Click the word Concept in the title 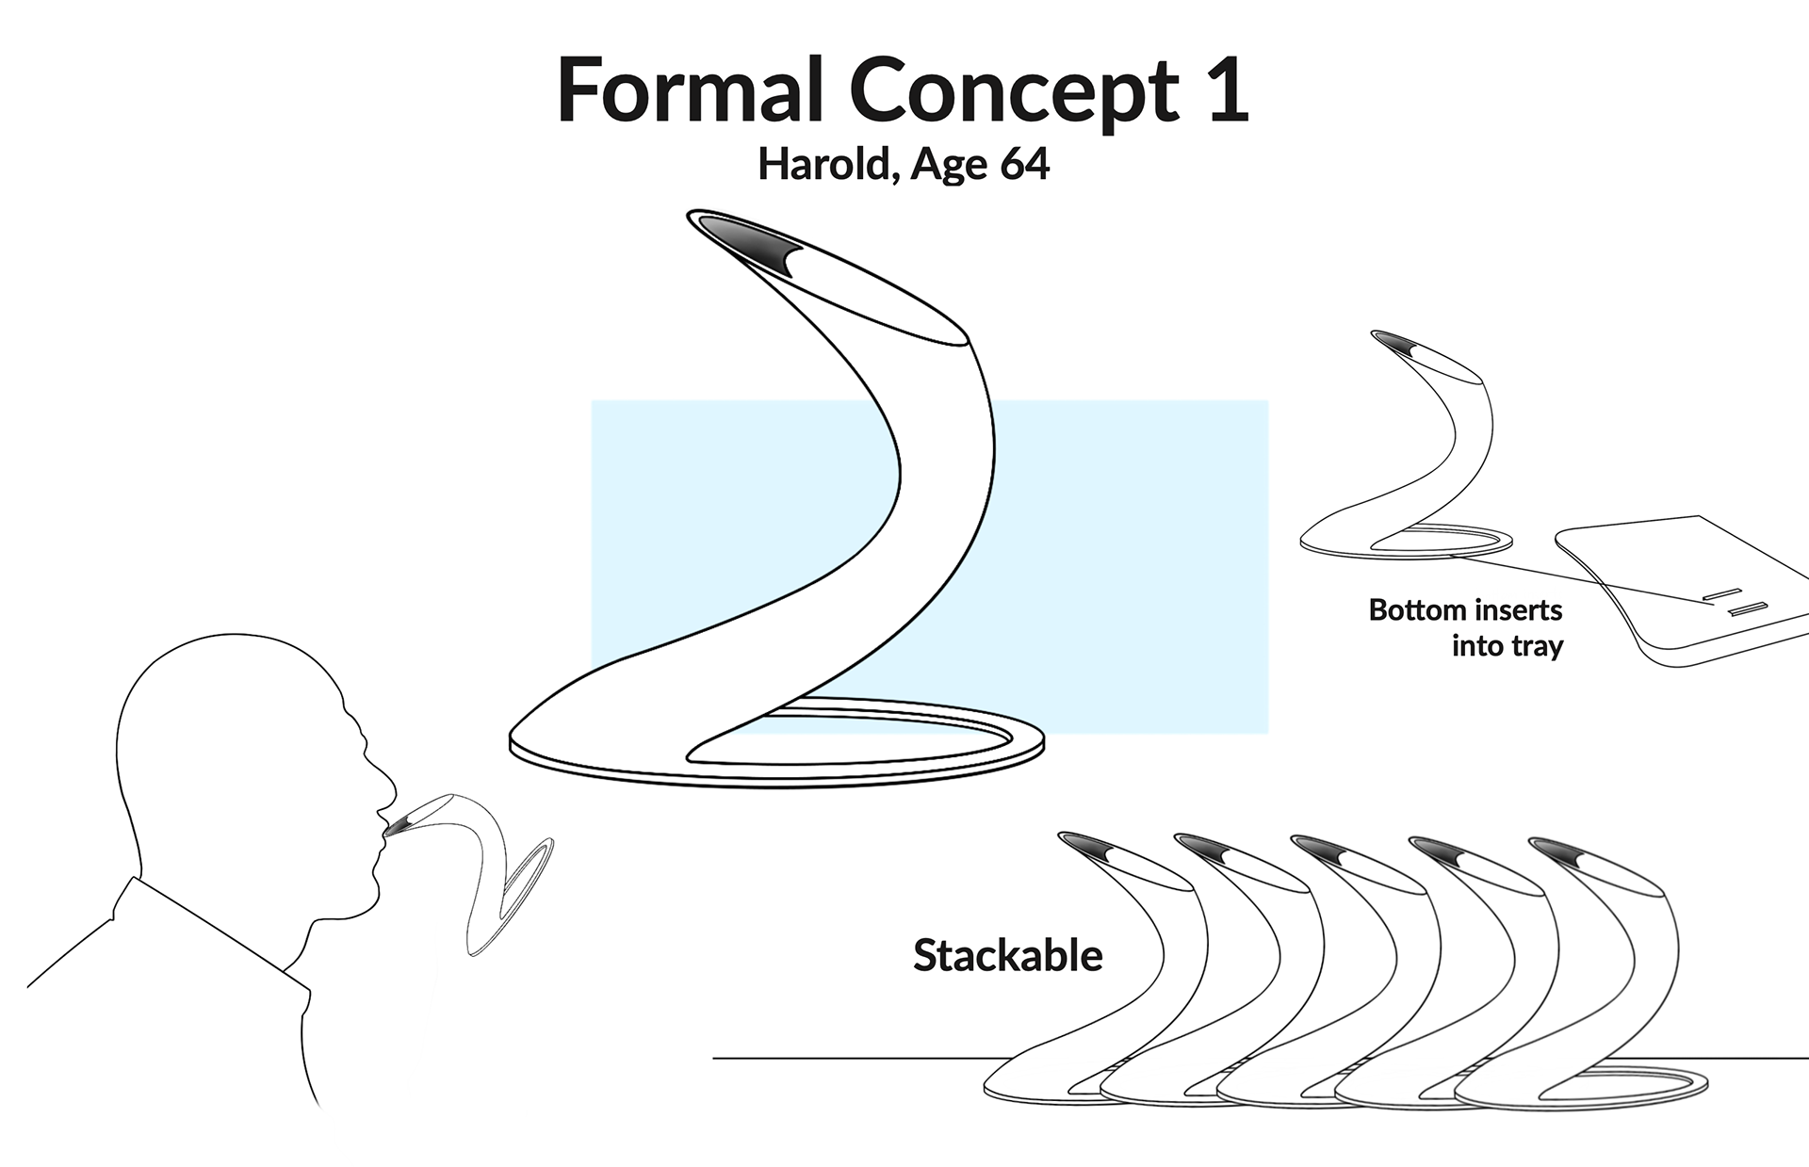(1014, 91)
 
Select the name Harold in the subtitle (821, 165)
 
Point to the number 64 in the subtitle (1024, 165)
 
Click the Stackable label (1007, 956)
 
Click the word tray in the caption (1537, 646)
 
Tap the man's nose (385, 778)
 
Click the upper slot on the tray (1721, 593)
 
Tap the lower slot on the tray (1747, 609)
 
